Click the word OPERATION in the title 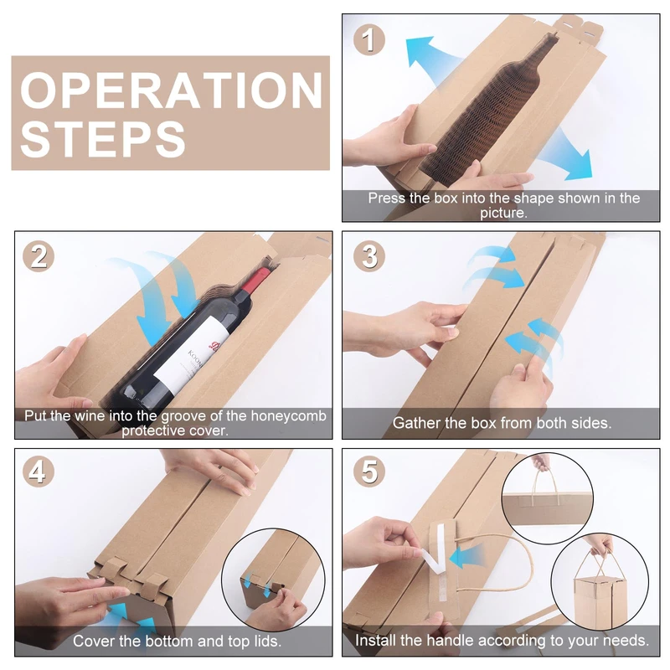(x=171, y=90)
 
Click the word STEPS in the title (x=102, y=138)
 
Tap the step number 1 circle (x=369, y=39)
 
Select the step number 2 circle (x=39, y=256)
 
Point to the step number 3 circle (x=369, y=256)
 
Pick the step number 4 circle (x=39, y=472)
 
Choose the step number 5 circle (x=369, y=472)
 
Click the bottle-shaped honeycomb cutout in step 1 (x=487, y=111)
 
